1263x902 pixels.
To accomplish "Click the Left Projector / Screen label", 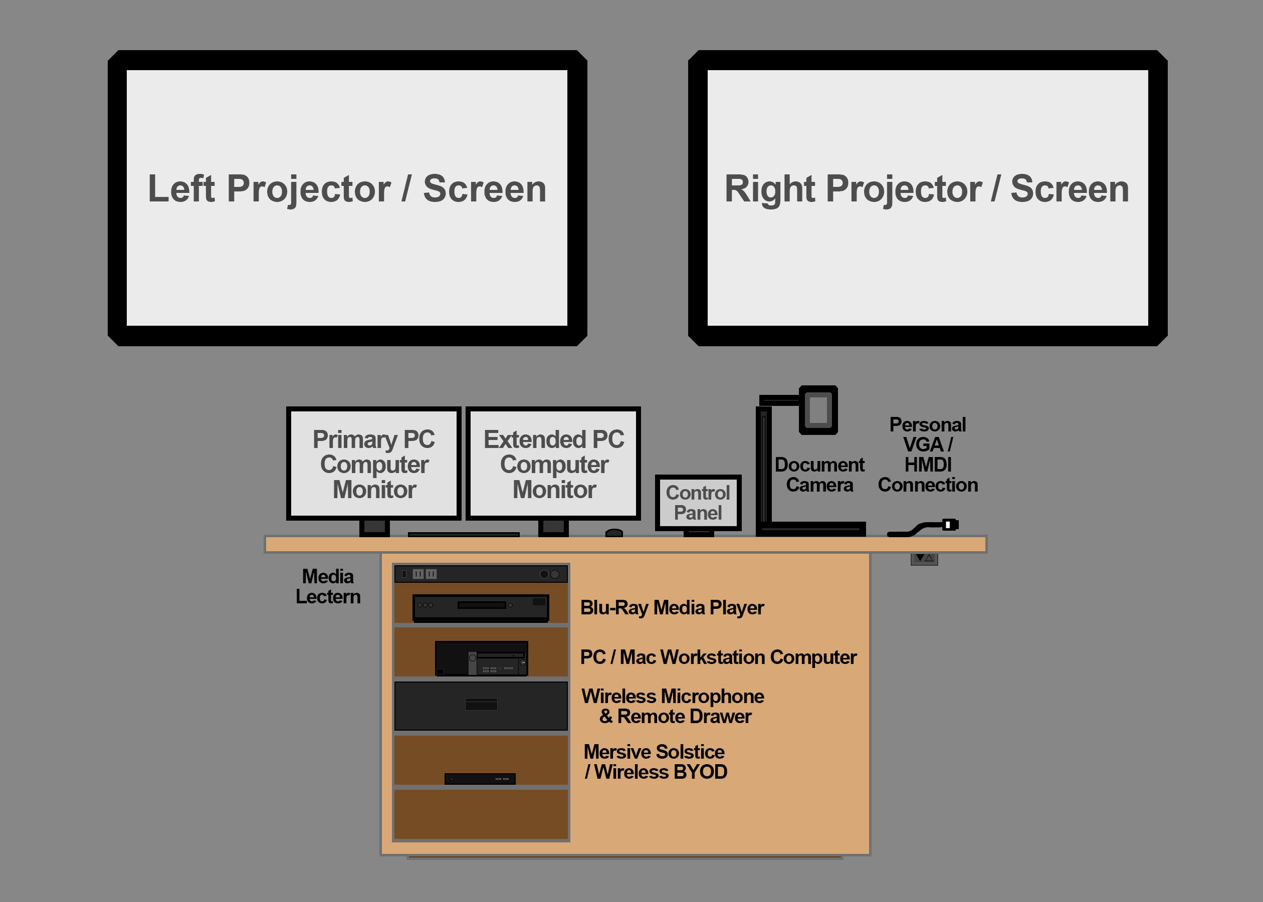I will [347, 189].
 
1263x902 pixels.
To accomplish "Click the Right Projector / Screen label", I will [926, 189].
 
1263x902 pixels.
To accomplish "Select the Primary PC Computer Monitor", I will [373, 463].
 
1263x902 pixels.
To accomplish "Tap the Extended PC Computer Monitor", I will [553, 463].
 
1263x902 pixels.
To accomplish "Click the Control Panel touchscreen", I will [698, 502].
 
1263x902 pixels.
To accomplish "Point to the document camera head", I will [818, 410].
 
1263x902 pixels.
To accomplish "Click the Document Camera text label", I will [819, 475].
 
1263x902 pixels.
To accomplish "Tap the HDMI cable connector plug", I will [950, 524].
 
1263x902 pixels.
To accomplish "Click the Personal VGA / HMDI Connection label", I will [927, 455].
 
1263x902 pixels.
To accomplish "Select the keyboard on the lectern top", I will [463, 534].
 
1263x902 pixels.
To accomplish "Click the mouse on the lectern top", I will [614, 533].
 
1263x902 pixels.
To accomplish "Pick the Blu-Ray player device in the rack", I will [481, 606].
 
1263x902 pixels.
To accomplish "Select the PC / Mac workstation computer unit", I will [481, 658].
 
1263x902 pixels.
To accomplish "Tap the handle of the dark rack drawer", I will [481, 704].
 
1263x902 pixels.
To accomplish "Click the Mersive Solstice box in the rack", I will [480, 779].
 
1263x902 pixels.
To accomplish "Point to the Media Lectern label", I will [328, 586].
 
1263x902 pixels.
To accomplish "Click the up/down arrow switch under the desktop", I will [924, 558].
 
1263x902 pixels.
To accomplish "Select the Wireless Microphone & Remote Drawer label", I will [673, 706].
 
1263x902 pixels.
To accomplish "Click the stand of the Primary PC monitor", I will [374, 527].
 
